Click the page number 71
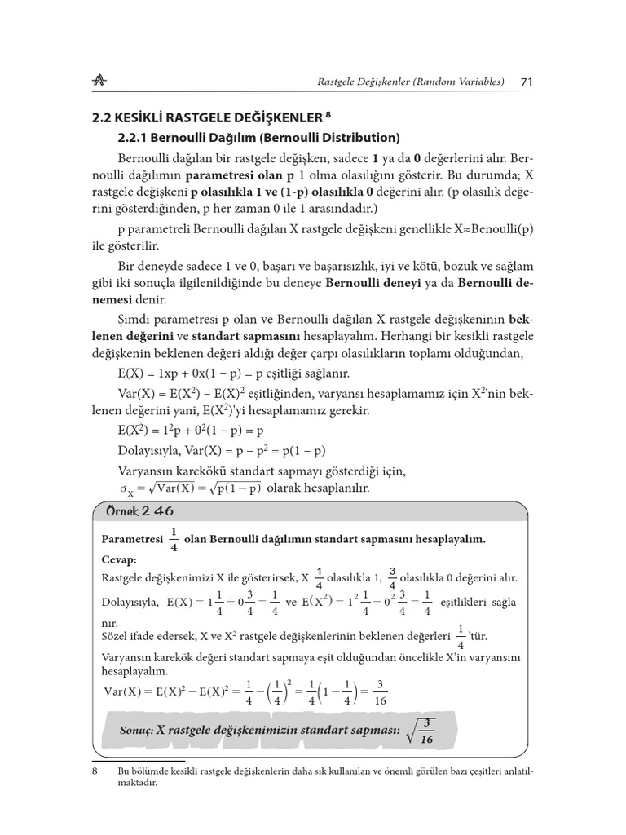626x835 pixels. click(526, 82)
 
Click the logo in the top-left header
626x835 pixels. click(102, 81)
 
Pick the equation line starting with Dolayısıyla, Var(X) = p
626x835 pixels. click(222, 451)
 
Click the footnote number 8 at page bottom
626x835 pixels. click(95, 771)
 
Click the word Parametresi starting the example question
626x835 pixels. click(133, 540)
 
